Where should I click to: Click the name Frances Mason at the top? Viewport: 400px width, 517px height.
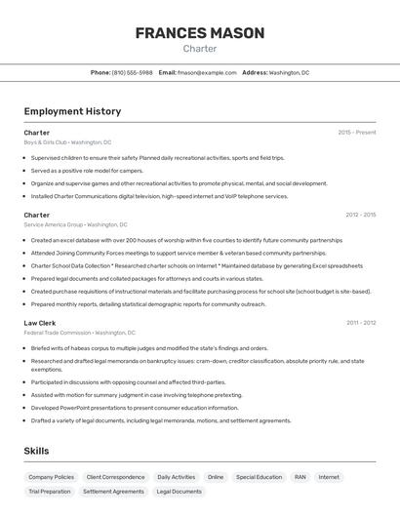tap(199, 33)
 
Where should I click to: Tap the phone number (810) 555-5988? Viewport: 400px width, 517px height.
tap(132, 72)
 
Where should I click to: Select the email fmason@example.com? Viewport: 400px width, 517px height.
tap(207, 72)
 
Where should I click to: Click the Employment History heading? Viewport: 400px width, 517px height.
tap(72, 111)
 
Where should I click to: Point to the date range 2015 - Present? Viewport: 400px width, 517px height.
tap(356, 132)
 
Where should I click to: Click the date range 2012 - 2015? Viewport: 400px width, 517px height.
tap(360, 215)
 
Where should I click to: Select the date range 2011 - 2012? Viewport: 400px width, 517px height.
tap(360, 322)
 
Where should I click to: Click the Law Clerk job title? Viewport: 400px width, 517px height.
tap(40, 322)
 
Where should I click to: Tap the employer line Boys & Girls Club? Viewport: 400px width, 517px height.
tap(67, 141)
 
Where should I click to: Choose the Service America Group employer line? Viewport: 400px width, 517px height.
tap(74, 224)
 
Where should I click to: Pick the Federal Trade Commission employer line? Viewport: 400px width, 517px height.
tap(79, 333)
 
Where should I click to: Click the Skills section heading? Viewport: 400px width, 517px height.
tap(36, 451)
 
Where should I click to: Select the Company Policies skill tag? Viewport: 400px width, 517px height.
tap(51, 477)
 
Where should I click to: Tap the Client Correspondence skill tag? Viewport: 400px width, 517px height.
tap(115, 477)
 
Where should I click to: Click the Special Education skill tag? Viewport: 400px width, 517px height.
tap(259, 477)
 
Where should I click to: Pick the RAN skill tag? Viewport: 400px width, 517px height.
tap(300, 477)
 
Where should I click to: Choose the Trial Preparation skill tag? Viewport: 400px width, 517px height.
tap(50, 492)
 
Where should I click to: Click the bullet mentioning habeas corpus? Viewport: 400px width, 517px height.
tap(148, 347)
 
